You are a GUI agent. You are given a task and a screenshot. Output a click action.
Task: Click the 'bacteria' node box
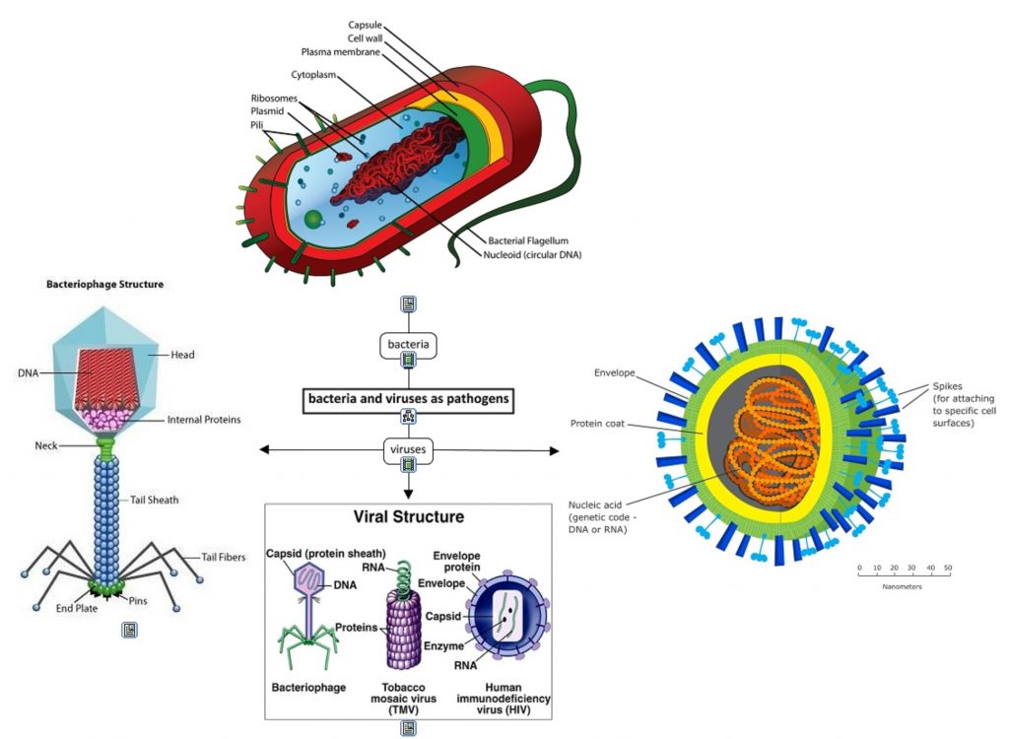point(408,345)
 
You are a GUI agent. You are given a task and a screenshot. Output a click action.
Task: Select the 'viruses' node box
point(408,450)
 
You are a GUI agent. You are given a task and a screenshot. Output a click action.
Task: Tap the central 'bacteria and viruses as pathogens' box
point(408,399)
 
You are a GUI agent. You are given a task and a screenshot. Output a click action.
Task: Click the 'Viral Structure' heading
point(408,516)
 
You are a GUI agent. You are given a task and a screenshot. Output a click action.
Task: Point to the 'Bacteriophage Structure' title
point(104,285)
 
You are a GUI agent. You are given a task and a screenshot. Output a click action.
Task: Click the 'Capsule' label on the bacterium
point(365,25)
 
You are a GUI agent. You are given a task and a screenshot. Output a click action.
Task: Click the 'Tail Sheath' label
point(155,500)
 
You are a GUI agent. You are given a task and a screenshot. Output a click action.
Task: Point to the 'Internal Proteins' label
point(204,419)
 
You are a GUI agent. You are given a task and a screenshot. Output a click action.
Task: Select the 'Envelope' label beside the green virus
point(615,373)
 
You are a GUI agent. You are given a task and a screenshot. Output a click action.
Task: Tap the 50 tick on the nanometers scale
point(948,569)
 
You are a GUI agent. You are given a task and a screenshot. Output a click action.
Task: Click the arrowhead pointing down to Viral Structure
point(408,492)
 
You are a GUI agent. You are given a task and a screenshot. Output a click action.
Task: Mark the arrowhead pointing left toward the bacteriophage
point(264,450)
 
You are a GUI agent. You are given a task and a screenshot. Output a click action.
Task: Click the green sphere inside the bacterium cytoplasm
point(312,218)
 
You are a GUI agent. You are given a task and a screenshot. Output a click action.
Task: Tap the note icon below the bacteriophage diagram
point(129,630)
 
